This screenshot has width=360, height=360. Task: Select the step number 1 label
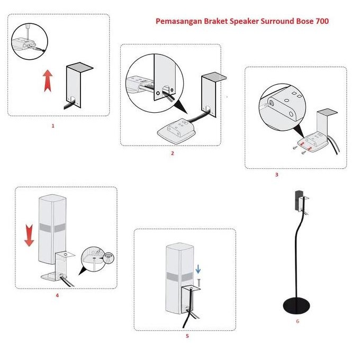pyautogui.click(x=52, y=126)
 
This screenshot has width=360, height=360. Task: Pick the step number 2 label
pyautogui.click(x=172, y=153)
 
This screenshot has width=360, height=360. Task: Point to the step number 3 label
pyautogui.click(x=276, y=174)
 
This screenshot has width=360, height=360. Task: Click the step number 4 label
pyautogui.click(x=57, y=295)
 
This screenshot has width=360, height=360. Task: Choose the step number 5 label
pyautogui.click(x=187, y=335)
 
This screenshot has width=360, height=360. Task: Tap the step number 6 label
pyautogui.click(x=298, y=321)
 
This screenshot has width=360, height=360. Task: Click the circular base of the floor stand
pyautogui.click(x=297, y=306)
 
